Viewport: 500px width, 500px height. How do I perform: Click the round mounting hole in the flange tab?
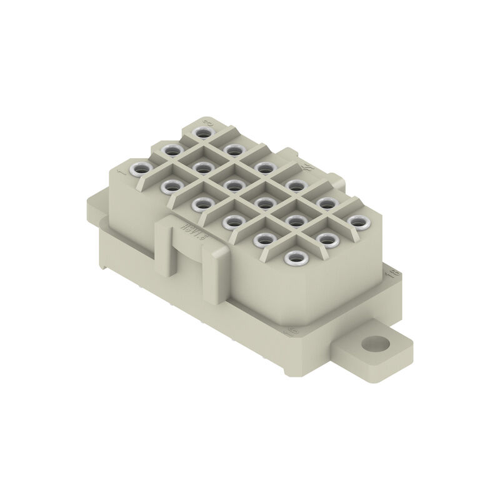pos(376,343)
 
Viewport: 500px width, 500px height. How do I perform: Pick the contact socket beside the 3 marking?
pos(201,132)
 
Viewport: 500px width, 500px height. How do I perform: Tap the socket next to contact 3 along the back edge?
pos(232,149)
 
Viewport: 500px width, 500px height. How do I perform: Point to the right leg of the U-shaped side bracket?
pos(212,269)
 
